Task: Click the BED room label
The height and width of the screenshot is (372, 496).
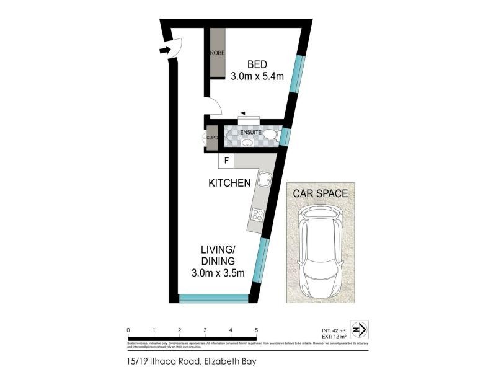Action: pyautogui.click(x=257, y=64)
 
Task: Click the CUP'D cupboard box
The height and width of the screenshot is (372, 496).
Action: pyautogui.click(x=211, y=137)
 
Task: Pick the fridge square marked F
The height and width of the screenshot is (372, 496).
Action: pyautogui.click(x=226, y=161)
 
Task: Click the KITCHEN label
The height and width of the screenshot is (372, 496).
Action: pyautogui.click(x=229, y=183)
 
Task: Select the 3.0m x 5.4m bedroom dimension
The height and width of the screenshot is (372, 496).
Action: pyautogui.click(x=257, y=77)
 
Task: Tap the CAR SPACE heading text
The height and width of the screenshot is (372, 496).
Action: pyautogui.click(x=320, y=193)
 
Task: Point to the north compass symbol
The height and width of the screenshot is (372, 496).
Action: pyautogui.click(x=360, y=328)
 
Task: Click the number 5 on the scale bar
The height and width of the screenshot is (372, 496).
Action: pyautogui.click(x=256, y=330)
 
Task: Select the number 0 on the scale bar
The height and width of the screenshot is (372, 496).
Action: pyautogui.click(x=128, y=330)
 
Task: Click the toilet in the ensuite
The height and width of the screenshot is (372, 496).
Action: pyautogui.click(x=270, y=134)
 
